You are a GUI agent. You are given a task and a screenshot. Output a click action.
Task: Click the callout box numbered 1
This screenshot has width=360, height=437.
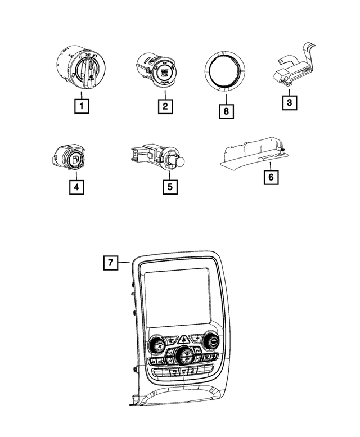click(x=82, y=106)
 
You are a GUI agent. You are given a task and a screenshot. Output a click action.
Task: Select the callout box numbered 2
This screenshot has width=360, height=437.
click(x=165, y=106)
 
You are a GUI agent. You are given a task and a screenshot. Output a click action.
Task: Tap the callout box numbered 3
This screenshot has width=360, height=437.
click(x=288, y=102)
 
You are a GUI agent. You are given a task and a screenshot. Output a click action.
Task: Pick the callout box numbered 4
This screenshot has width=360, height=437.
click(x=77, y=187)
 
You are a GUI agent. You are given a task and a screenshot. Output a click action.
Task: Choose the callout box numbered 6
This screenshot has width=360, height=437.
click(x=271, y=177)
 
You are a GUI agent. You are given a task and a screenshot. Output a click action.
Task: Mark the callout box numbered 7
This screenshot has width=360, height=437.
click(x=111, y=262)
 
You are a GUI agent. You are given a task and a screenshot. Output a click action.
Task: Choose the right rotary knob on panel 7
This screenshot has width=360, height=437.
click(x=212, y=340)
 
